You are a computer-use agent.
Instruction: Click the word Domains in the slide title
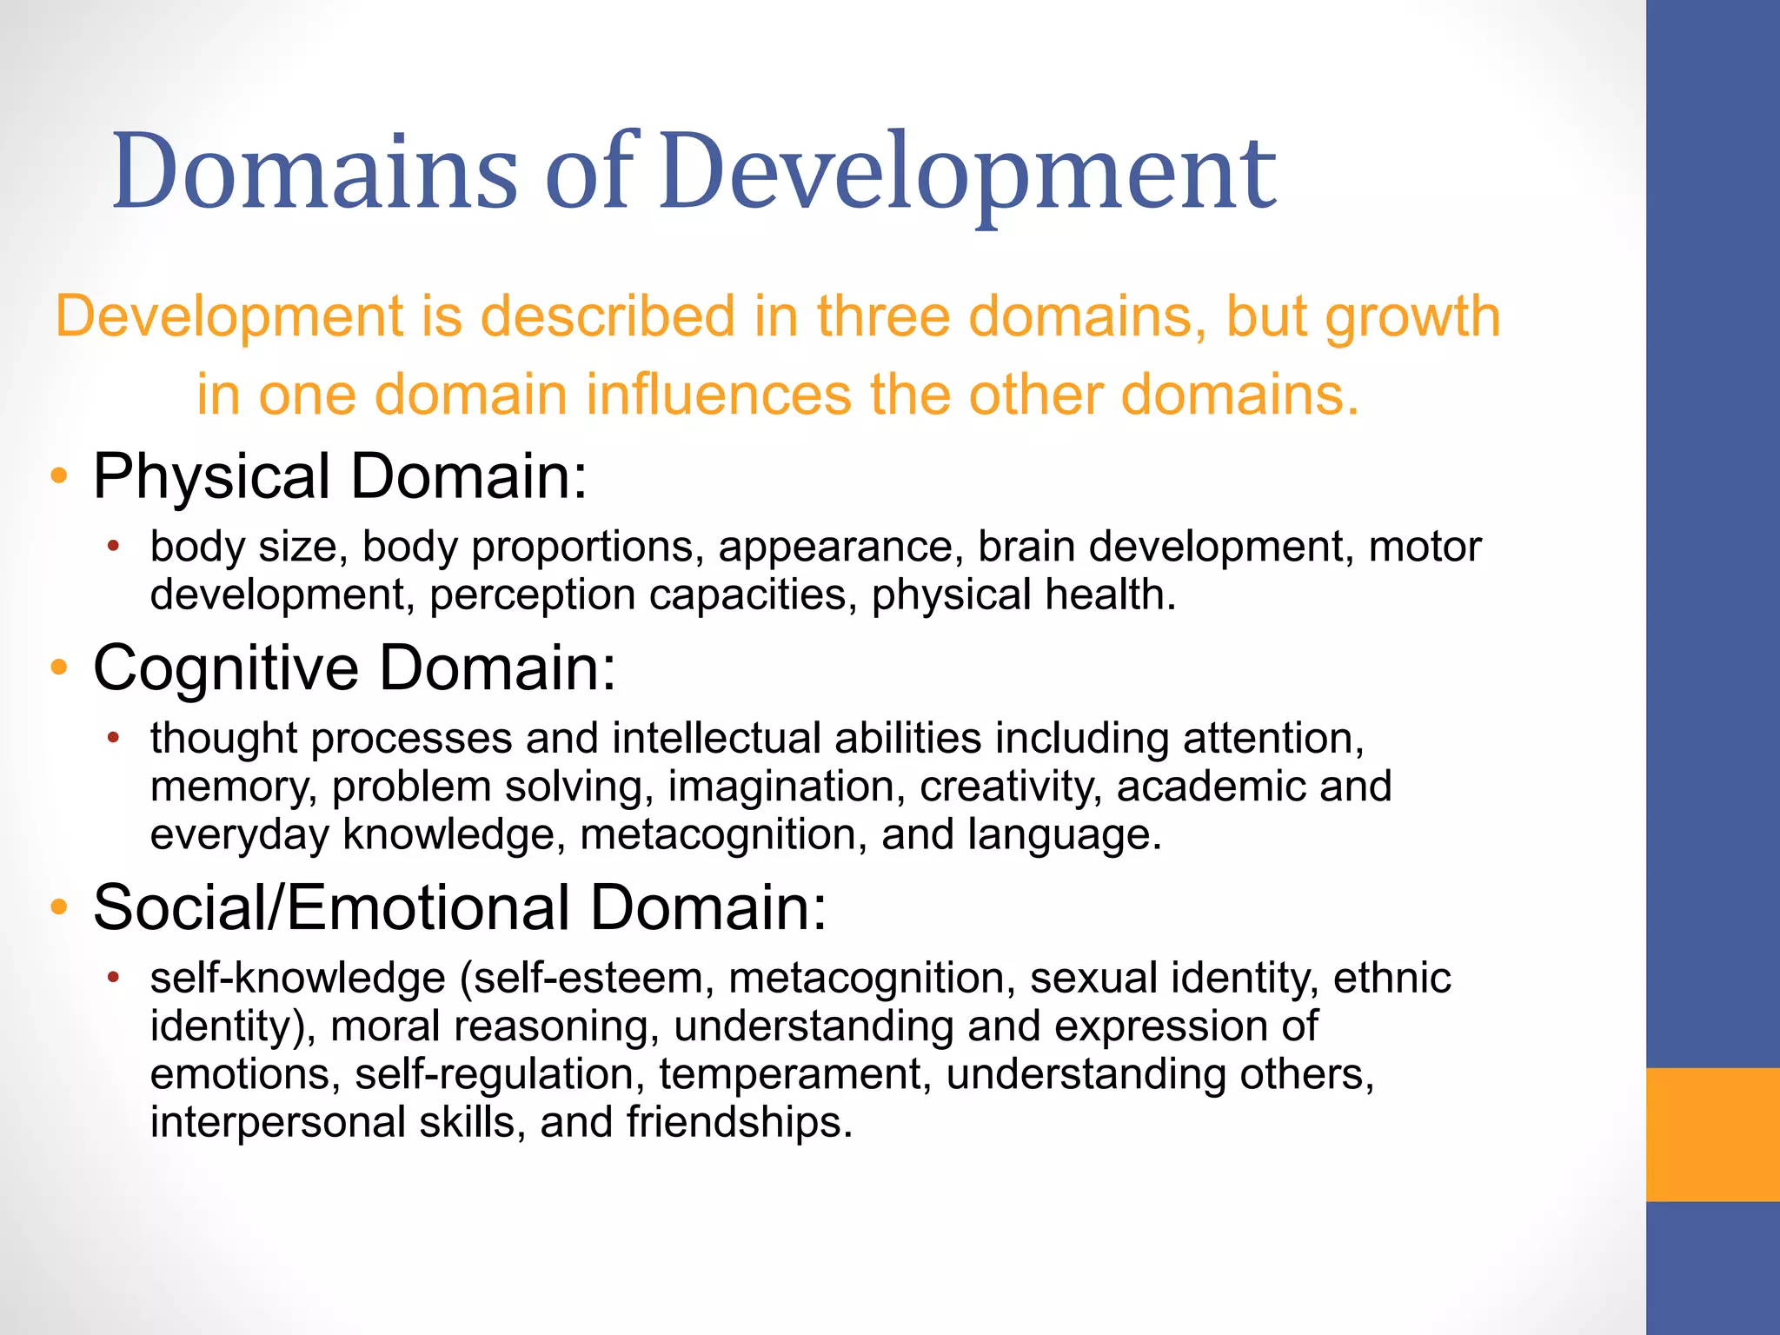coord(315,171)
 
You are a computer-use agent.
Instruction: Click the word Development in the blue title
coord(967,171)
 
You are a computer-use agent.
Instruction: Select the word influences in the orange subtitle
coord(718,395)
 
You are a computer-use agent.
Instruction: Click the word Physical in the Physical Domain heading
coord(211,476)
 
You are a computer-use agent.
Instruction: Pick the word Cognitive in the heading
coord(226,667)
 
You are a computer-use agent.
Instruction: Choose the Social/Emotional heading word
coord(331,907)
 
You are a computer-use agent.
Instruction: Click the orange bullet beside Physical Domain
coord(59,476)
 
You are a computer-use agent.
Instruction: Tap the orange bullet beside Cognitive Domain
coord(59,667)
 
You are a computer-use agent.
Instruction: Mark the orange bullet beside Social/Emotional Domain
coord(59,907)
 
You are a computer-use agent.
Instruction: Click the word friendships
coord(739,1122)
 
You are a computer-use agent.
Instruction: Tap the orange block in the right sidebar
coord(1712,1134)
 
